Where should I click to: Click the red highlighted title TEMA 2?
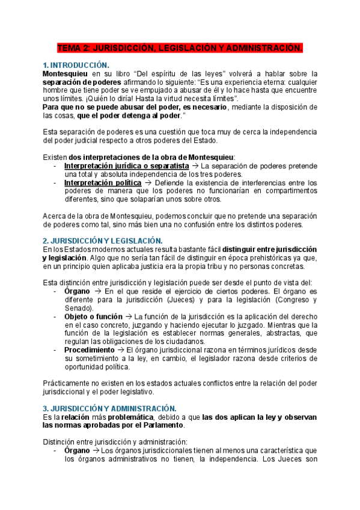(180, 47)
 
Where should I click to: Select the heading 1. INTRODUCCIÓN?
(76, 64)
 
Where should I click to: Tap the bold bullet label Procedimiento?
(89, 349)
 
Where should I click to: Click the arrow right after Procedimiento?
(121, 349)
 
